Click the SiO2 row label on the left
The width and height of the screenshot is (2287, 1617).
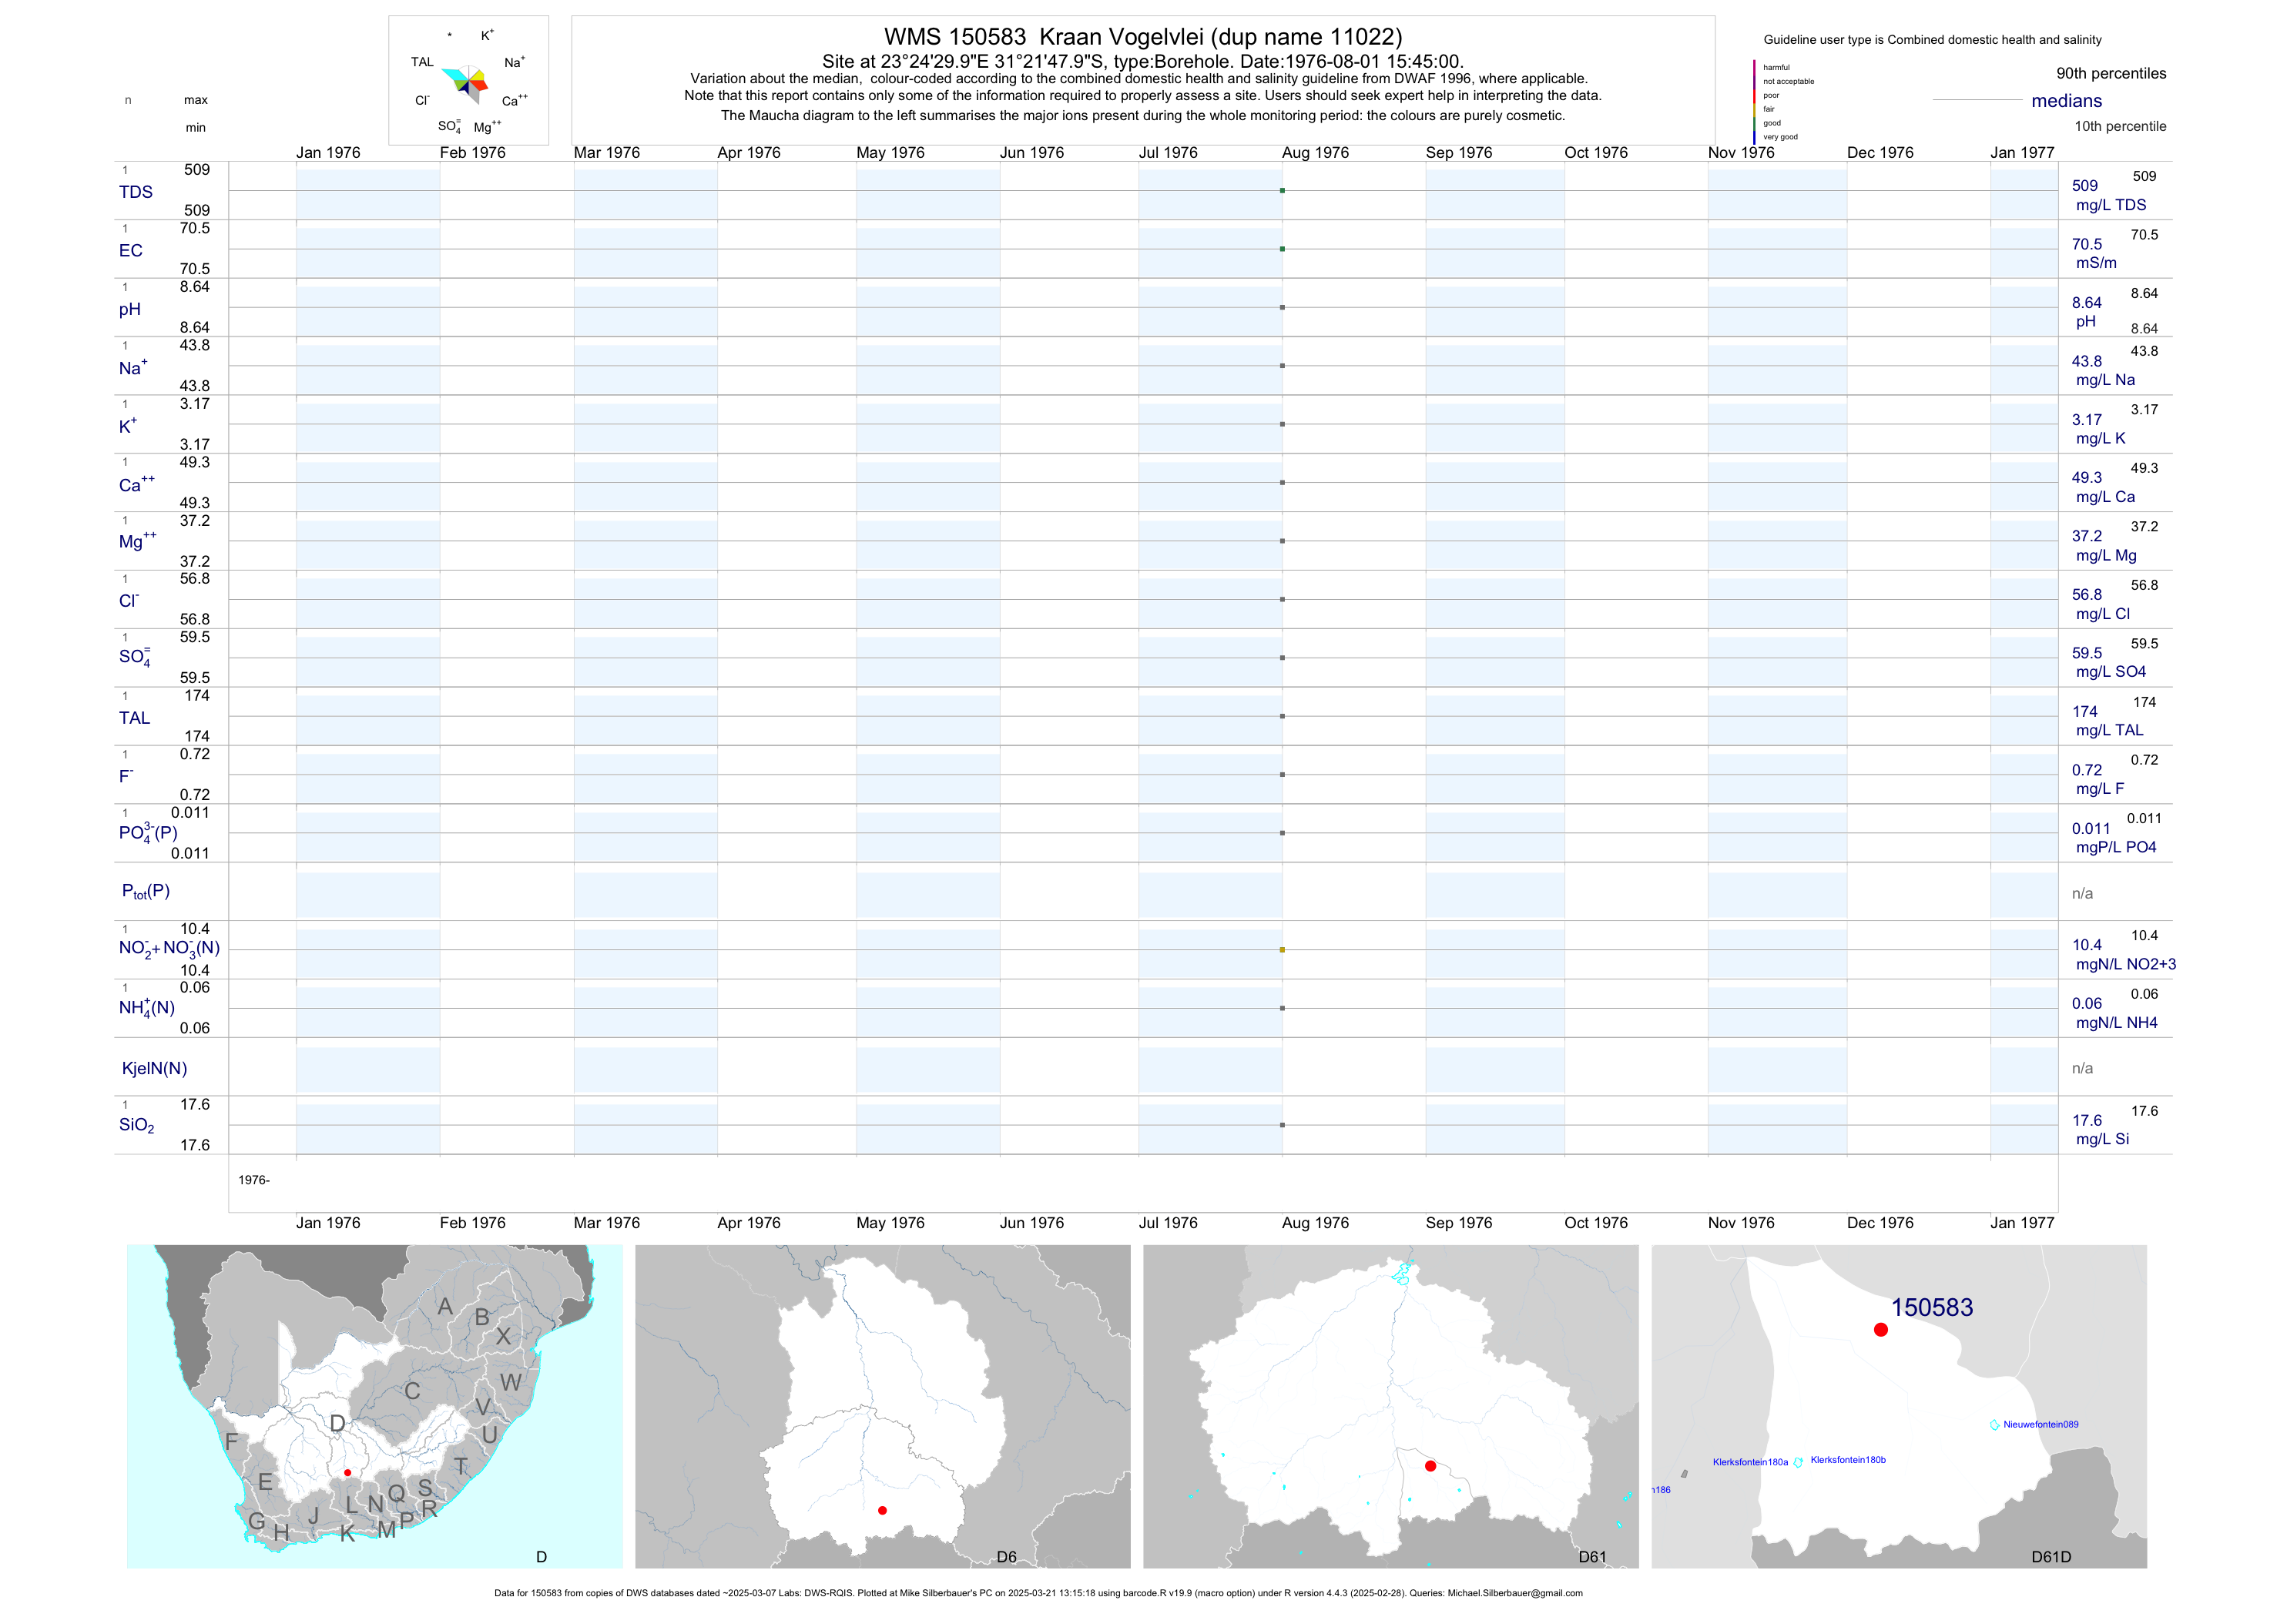pyautogui.click(x=136, y=1125)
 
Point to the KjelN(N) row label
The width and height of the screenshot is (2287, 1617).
pyautogui.click(x=154, y=1069)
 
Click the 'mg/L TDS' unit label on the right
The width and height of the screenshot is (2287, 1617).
pyautogui.click(x=2111, y=205)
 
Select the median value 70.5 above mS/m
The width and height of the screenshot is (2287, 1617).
pyautogui.click(x=2087, y=244)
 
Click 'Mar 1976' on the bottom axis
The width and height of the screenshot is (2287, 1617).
pyautogui.click(x=607, y=1223)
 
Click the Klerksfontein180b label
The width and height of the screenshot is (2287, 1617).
pyautogui.click(x=1848, y=1460)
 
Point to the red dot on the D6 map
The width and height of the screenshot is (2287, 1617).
pyautogui.click(x=883, y=1511)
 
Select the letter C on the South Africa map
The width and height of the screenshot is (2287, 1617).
pyautogui.click(x=412, y=1391)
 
